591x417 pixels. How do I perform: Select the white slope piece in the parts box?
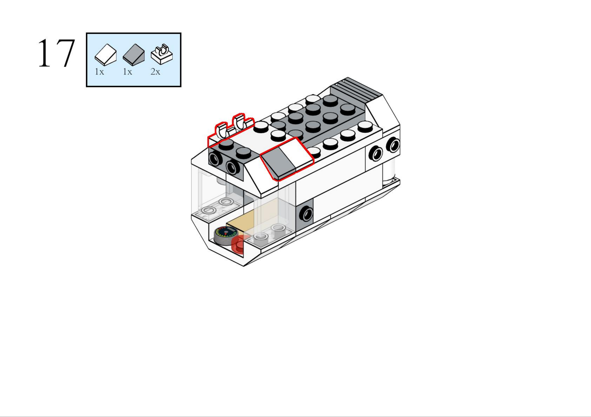105,54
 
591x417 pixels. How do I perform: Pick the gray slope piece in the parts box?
134,54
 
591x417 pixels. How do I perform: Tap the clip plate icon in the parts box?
162,54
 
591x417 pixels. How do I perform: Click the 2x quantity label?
155,72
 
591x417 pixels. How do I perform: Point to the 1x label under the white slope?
99,72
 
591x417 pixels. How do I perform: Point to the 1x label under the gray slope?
127,72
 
